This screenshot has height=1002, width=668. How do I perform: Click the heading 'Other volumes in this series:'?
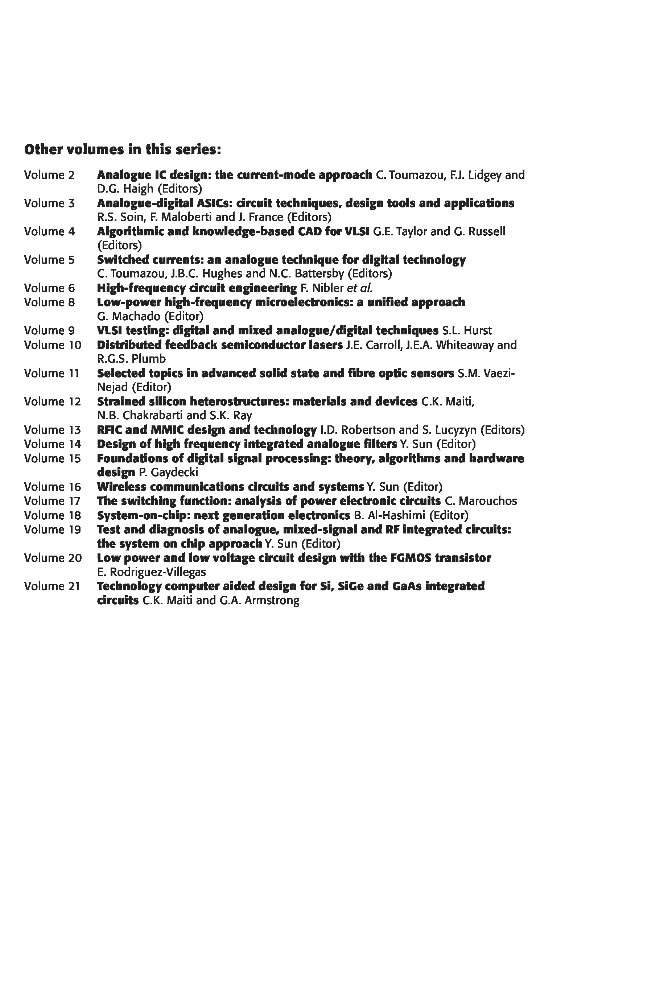(123, 149)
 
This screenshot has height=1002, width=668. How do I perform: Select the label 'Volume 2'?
(49, 175)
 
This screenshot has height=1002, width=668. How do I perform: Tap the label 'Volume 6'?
(49, 288)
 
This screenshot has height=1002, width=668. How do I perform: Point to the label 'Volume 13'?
(52, 430)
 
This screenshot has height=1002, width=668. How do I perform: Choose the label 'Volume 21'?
(52, 586)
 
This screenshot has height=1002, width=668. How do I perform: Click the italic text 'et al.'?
(360, 288)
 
